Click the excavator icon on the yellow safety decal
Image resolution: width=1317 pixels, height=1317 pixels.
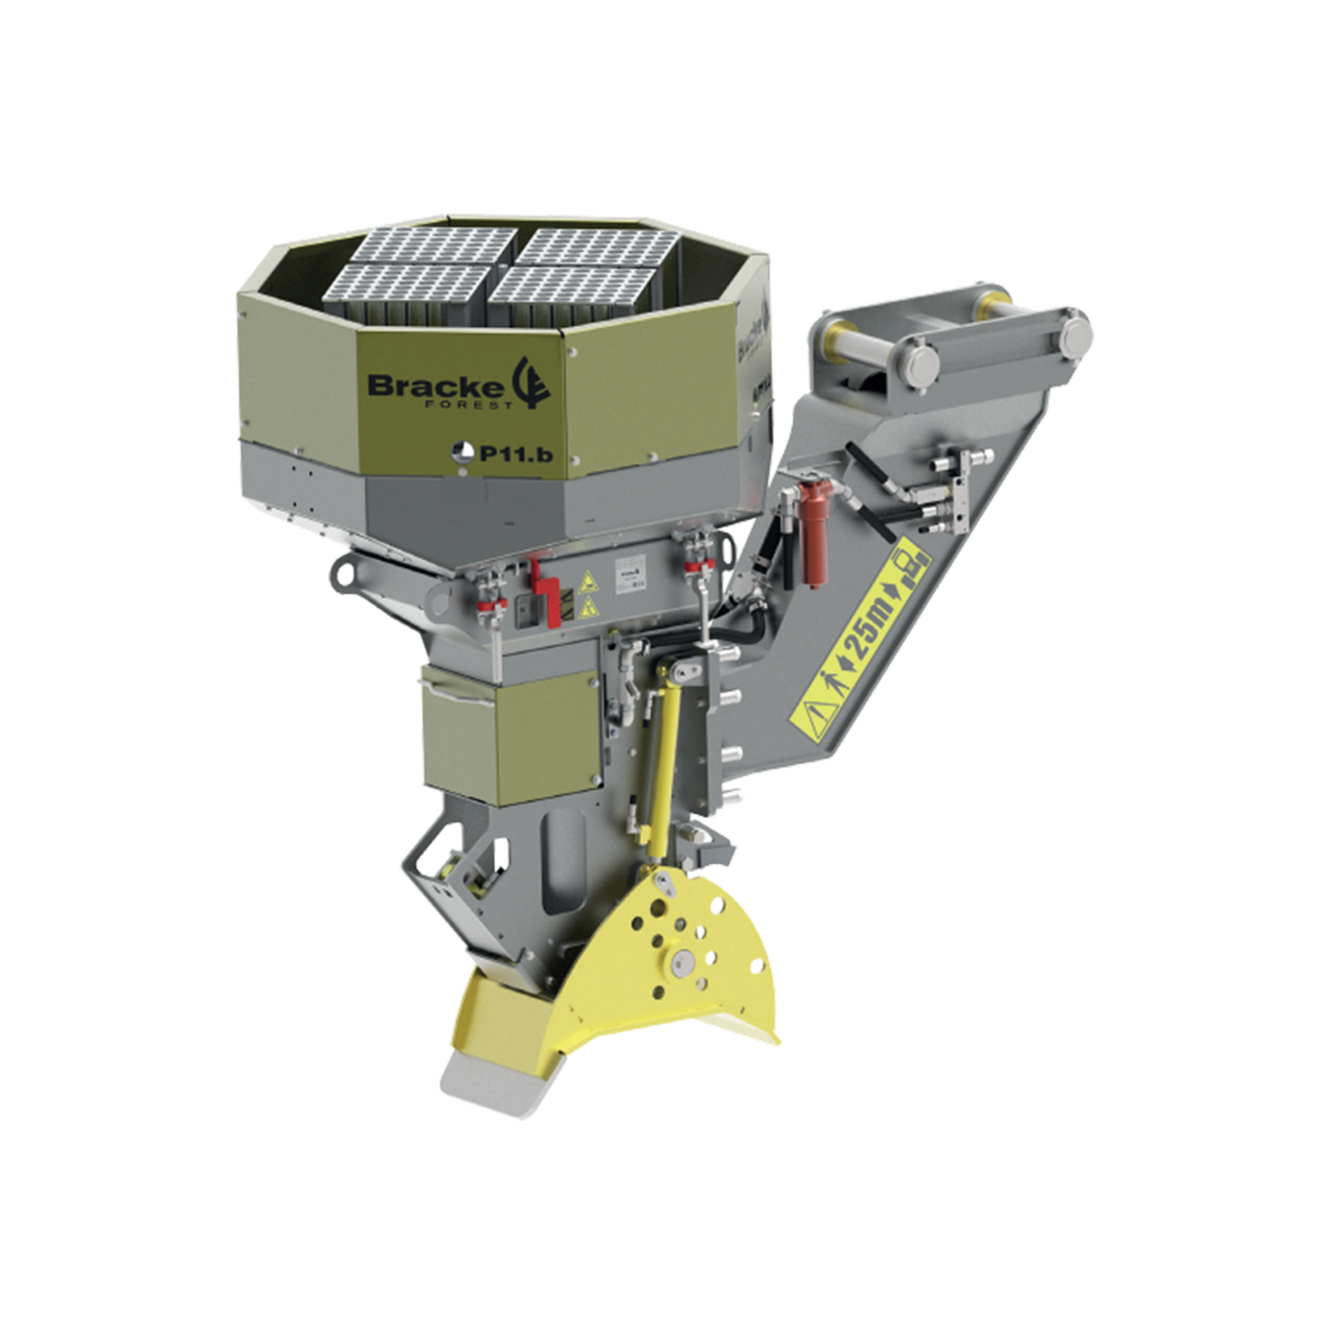click(x=913, y=567)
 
